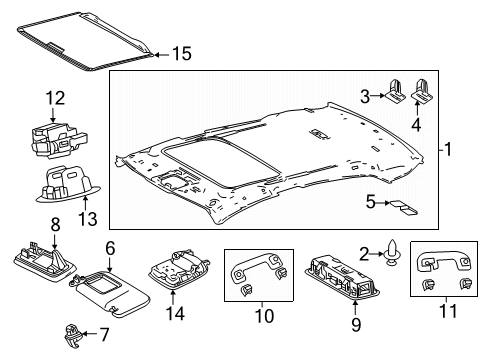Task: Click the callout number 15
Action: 182,54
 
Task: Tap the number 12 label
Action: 55,98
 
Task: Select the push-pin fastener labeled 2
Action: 392,254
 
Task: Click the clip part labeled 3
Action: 395,90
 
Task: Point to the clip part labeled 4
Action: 422,90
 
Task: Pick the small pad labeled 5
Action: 403,207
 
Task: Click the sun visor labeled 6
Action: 110,292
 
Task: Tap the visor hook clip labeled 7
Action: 72,336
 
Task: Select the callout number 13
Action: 88,219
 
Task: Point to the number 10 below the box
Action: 264,316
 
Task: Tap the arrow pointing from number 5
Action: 383,203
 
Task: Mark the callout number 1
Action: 448,149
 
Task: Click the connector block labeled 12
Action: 59,139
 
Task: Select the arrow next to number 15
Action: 162,55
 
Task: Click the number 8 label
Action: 55,224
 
